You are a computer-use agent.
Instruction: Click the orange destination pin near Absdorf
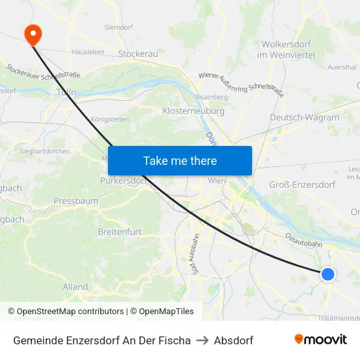coord(31,34)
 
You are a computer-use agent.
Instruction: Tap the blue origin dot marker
coord(328,274)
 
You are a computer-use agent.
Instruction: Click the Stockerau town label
coord(139,54)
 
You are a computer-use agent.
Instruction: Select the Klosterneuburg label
coord(193,111)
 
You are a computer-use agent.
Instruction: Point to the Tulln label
coord(67,92)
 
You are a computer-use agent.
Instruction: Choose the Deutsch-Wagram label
coord(304,118)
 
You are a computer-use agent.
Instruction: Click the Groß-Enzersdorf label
coord(302,185)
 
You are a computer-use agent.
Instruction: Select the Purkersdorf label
coord(121,181)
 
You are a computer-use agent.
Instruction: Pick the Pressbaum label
coord(75,201)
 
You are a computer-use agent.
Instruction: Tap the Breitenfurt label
coord(119,232)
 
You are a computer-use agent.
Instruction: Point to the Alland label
coord(75,287)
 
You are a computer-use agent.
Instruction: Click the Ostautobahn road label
coord(302,238)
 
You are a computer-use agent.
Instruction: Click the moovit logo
coord(320,340)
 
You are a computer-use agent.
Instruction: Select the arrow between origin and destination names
coord(202,340)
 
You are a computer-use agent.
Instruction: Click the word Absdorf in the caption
coord(234,340)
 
